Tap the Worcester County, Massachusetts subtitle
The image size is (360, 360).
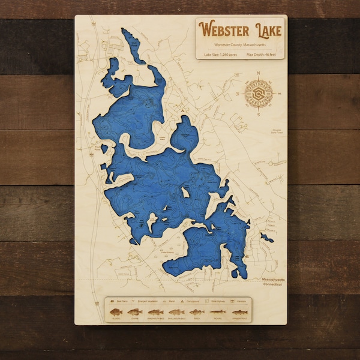(x=241, y=44)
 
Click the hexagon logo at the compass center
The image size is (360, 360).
(x=258, y=94)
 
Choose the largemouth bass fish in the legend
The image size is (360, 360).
(x=155, y=312)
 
